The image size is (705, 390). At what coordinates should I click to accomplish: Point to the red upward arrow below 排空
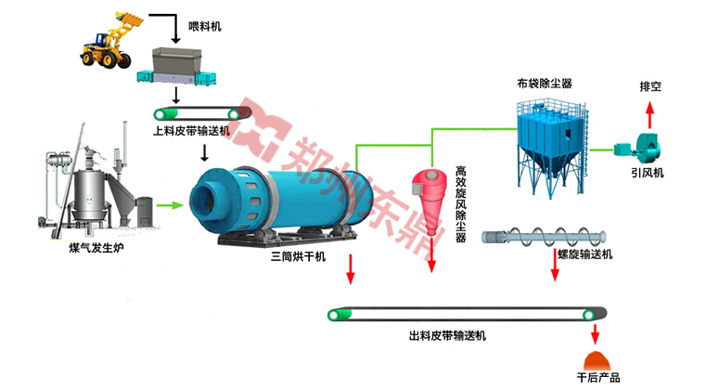coord(649,115)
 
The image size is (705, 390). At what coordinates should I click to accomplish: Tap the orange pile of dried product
coord(596,358)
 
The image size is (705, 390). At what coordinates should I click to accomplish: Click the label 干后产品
coord(597,379)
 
